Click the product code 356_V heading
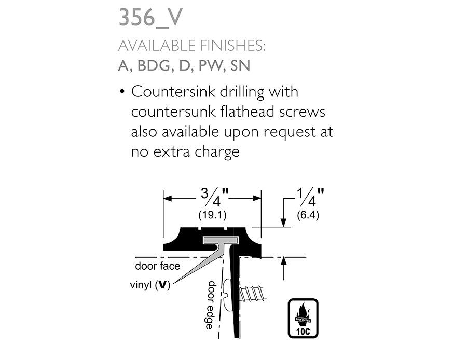pyautogui.click(x=150, y=18)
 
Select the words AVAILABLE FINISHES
pyautogui.click(x=191, y=46)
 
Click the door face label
pyautogui.click(x=158, y=267)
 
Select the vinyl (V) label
pyautogui.click(x=150, y=285)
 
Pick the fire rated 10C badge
pyautogui.click(x=304, y=318)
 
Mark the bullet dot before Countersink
pyautogui.click(x=122, y=93)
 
